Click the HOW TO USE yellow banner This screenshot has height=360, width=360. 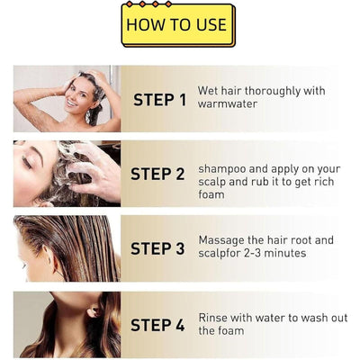point(177,25)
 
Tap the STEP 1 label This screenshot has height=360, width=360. point(159,100)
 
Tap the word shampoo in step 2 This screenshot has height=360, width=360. point(223,167)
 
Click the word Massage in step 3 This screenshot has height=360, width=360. point(223,240)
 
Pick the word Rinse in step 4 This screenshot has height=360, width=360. point(214,317)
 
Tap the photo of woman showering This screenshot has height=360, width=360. point(67,98)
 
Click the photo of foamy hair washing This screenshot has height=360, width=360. point(67,173)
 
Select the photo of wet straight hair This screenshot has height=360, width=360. point(67,247)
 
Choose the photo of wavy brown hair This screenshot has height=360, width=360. point(67,323)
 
